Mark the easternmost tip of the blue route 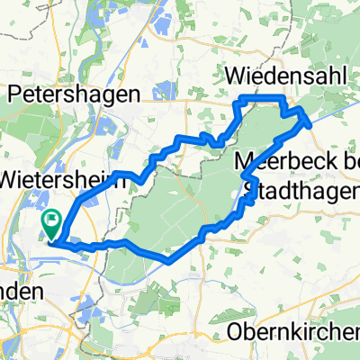pyautogui.click(x=310, y=120)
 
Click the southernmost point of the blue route pyautogui.click(x=168, y=261)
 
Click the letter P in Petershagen pyautogui.click(x=12, y=94)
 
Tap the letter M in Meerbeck pyautogui.click(x=244, y=163)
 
